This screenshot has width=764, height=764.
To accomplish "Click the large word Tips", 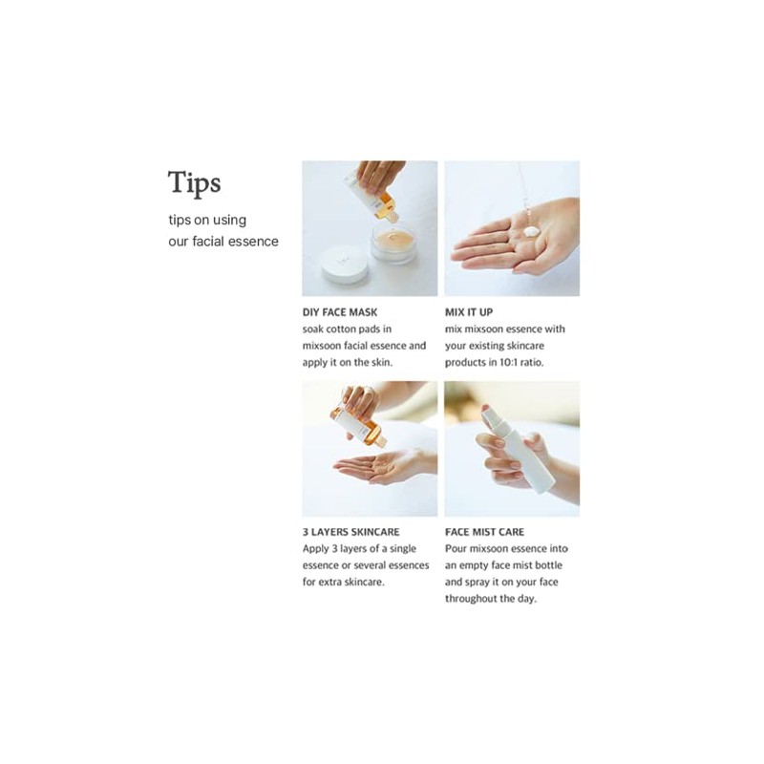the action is click(195, 183).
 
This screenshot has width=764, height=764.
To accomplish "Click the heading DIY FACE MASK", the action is click(340, 312).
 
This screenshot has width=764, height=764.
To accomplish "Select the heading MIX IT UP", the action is click(469, 312).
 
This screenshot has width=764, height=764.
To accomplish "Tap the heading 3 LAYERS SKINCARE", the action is click(350, 532).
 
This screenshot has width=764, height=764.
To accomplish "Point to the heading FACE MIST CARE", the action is click(484, 532).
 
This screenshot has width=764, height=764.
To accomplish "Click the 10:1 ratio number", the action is click(510, 363).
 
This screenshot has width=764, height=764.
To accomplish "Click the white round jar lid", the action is click(344, 264).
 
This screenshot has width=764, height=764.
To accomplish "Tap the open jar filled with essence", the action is click(393, 242).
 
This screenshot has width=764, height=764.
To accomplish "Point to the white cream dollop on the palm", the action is click(531, 231).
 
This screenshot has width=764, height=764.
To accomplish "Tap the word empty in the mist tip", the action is click(472, 565).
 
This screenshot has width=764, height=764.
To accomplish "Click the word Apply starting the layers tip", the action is click(316, 549).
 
